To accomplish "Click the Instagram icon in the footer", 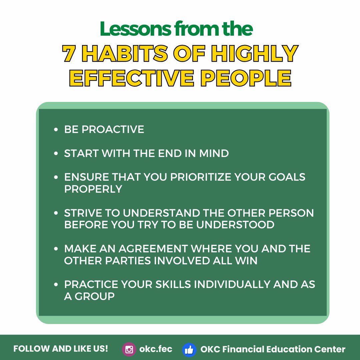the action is point(129,349).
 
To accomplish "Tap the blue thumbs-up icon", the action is point(189,350).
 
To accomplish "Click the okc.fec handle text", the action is point(156,349).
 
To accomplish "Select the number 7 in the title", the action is point(69,53).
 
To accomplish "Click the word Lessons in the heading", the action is point(135,29).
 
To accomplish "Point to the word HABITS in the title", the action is point(125,53).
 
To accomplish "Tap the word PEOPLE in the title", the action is point(246,78).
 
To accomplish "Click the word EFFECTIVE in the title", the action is point(132,78).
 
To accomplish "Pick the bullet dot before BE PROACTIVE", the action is point(56,129).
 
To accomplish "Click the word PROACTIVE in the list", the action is point(113,129).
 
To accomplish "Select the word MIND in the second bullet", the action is point(214,153).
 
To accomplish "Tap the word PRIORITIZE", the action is point(201,177).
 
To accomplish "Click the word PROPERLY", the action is point(93,189).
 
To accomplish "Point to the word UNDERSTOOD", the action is point(235,225).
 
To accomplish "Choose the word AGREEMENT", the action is point(153,249).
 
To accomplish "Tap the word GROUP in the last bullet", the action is point(95,296).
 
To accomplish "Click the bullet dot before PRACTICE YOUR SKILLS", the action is point(56,284).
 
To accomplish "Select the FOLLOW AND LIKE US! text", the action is point(61,349).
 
